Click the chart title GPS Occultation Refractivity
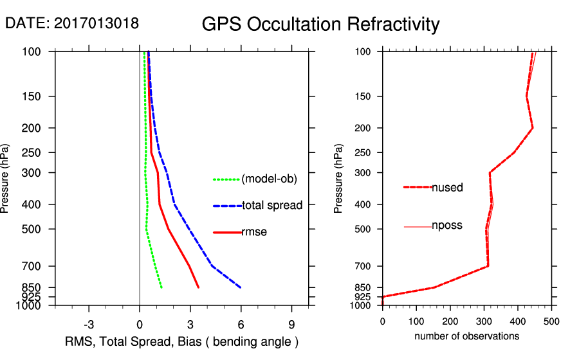(x=320, y=24)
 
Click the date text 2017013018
(x=96, y=23)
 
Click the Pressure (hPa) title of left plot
(x=7, y=178)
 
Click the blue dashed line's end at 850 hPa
(x=241, y=287)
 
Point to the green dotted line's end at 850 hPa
(x=161, y=287)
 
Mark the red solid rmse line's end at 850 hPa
(x=198, y=287)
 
